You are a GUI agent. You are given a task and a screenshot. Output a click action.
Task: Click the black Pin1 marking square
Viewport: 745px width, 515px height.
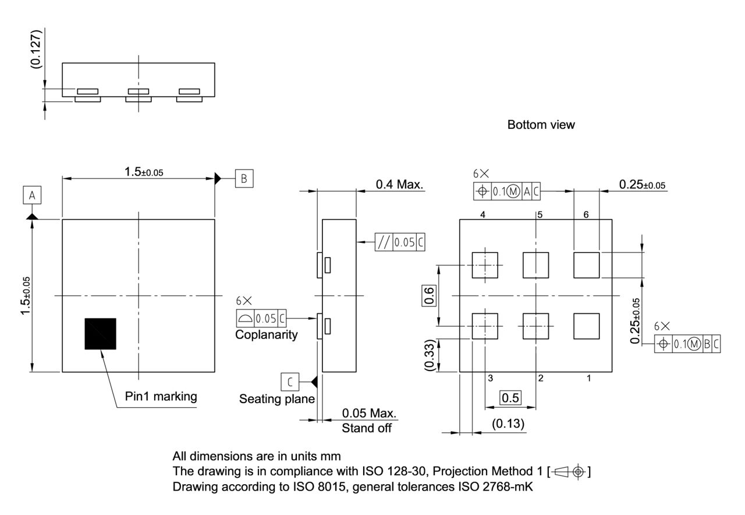[100, 334]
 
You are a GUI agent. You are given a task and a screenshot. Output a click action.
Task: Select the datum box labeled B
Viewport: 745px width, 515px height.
[244, 179]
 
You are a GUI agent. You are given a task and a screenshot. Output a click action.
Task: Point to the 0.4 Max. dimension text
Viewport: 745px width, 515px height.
[400, 185]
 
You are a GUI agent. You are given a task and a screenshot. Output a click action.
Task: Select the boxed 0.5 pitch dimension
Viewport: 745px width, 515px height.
[510, 397]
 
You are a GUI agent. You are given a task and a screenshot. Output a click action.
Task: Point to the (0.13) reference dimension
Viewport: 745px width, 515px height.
[508, 424]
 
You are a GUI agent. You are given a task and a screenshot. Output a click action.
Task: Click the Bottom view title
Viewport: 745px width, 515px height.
[541, 125]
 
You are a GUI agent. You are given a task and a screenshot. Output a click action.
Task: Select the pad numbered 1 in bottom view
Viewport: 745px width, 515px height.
[586, 326]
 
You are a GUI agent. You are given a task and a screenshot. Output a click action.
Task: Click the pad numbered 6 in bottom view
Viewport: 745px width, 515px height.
[586, 265]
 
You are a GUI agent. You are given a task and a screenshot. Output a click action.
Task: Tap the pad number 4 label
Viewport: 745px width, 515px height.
[483, 214]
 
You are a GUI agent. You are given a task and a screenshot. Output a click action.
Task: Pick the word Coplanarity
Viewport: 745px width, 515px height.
[266, 335]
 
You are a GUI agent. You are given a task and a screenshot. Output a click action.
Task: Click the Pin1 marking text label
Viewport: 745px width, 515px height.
[161, 396]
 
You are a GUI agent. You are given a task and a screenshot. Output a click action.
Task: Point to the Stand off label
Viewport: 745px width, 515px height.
[366, 428]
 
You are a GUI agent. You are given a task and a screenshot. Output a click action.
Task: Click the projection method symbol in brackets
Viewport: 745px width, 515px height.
[572, 471]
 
